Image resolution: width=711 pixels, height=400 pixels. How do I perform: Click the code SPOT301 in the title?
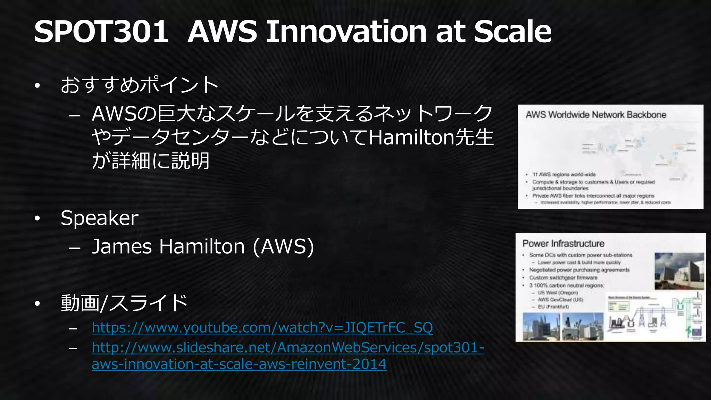tap(101, 32)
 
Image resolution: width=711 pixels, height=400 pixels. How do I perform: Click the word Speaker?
tap(99, 218)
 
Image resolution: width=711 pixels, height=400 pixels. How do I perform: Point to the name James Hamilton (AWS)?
tap(203, 247)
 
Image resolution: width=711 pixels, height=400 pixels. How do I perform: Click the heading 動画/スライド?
tap(124, 303)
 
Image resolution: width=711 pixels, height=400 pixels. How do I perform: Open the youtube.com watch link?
tap(262, 328)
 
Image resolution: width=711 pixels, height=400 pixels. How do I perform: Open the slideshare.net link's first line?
tap(288, 348)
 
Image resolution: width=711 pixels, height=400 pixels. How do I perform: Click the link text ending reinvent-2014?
tap(239, 364)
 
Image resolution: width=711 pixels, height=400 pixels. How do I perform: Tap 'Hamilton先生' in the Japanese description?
tap(431, 138)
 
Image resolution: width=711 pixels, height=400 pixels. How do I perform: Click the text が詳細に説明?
tap(151, 161)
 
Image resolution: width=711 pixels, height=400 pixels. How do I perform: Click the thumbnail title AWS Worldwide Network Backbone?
tap(596, 115)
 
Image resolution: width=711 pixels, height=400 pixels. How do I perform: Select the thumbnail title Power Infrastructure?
tap(563, 244)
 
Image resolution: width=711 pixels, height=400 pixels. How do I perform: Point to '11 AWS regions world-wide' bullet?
tap(564, 174)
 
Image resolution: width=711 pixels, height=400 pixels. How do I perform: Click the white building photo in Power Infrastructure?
tap(679, 271)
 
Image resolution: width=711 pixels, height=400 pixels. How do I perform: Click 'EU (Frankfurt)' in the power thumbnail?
tap(553, 307)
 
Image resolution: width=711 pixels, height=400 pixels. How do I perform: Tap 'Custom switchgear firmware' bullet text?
tap(563, 278)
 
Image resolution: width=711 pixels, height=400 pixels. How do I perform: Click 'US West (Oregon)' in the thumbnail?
tap(558, 293)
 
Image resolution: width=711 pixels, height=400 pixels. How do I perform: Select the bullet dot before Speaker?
tap(37, 219)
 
